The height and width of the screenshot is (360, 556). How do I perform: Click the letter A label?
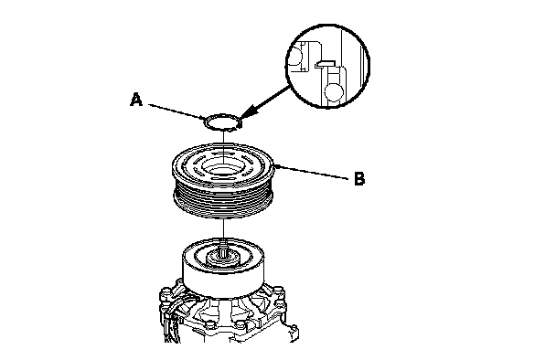(136, 100)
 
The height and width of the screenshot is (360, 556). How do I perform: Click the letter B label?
(359, 179)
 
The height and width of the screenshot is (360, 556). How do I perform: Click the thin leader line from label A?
(176, 111)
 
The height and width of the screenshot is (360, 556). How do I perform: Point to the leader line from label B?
(313, 173)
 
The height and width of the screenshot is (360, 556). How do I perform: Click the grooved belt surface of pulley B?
(223, 204)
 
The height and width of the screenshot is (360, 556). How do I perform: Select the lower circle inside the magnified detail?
(334, 91)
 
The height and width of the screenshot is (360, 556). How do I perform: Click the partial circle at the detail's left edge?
(295, 56)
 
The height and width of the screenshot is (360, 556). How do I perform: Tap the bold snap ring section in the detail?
(326, 63)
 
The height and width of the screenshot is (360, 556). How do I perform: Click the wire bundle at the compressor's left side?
(172, 319)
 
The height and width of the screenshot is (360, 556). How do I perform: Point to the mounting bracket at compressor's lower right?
(292, 334)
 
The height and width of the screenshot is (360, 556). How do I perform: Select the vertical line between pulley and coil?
(223, 230)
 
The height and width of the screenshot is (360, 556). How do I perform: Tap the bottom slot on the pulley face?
(223, 180)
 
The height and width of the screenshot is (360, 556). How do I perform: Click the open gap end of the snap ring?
(239, 125)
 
